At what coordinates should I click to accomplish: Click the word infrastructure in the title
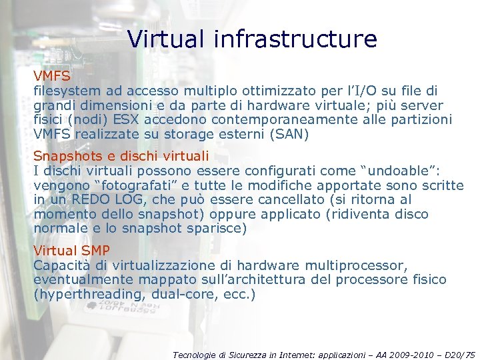tap(295, 39)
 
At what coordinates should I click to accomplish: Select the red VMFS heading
tap(52, 76)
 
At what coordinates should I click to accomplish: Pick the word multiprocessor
tap(361, 265)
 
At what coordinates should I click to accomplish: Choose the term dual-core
tap(183, 295)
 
